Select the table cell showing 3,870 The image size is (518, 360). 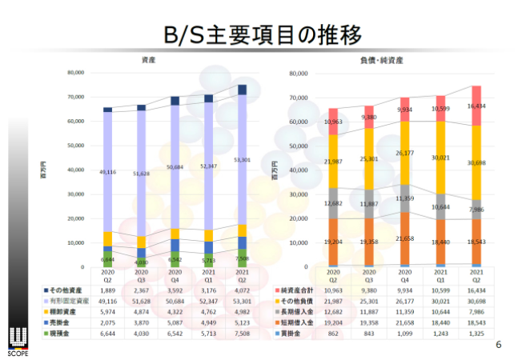[141, 322]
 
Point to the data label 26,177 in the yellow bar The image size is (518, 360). [408, 152]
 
